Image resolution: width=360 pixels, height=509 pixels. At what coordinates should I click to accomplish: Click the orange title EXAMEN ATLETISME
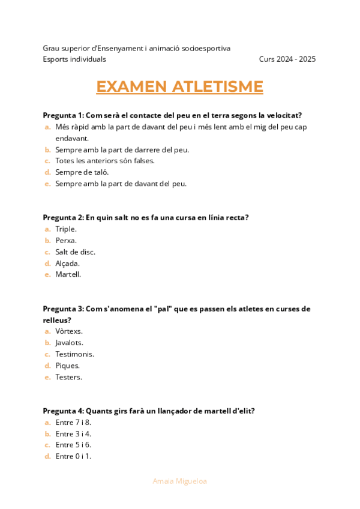pyautogui.click(x=179, y=86)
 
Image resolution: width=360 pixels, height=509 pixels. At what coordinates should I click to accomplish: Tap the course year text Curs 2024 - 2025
pyautogui.click(x=287, y=59)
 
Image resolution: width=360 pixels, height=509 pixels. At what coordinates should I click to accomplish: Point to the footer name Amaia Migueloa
pyautogui.click(x=180, y=481)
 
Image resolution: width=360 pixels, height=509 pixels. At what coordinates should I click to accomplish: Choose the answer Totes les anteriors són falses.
pyautogui.click(x=105, y=161)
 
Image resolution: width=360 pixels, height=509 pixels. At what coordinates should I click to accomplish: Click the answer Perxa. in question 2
pyautogui.click(x=66, y=240)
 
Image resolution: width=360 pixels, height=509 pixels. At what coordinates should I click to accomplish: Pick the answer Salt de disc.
pyautogui.click(x=75, y=251)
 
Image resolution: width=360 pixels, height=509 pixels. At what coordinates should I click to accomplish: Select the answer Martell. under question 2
pyautogui.click(x=68, y=274)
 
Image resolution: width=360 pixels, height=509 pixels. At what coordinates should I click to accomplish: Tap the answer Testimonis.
pyautogui.click(x=74, y=354)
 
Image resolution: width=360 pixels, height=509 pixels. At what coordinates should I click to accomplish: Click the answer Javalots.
pyautogui.click(x=69, y=343)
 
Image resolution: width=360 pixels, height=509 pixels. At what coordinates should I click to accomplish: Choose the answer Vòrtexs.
pyautogui.click(x=69, y=331)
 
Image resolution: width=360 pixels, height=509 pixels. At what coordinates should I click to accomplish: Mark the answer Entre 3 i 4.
pyautogui.click(x=73, y=434)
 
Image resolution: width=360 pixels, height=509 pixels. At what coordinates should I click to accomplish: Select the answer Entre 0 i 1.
pyautogui.click(x=73, y=457)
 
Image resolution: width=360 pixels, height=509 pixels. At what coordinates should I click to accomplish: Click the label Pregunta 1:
pyautogui.click(x=64, y=115)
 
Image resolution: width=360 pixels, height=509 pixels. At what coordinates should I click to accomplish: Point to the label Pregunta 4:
pyautogui.click(x=64, y=411)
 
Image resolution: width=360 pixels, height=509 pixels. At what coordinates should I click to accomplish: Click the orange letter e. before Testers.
pyautogui.click(x=47, y=377)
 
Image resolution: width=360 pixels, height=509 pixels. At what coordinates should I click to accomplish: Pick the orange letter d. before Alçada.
pyautogui.click(x=47, y=263)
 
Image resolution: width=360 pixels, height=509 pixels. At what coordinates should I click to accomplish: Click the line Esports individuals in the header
pyautogui.click(x=74, y=59)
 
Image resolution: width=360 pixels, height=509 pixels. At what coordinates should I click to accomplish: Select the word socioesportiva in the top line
pyautogui.click(x=205, y=48)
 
